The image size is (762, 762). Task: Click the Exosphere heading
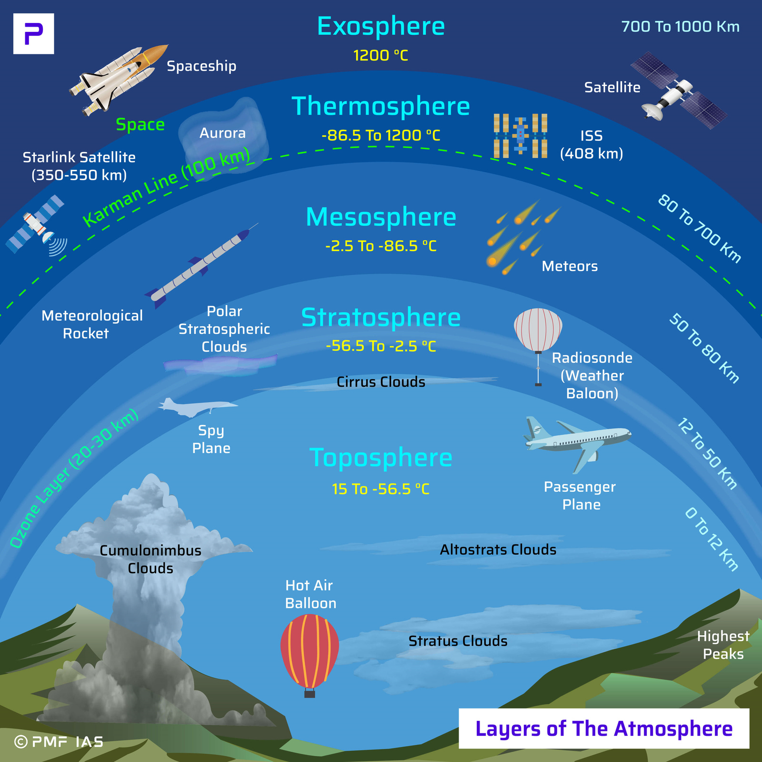click(x=381, y=27)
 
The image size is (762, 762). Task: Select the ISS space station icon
click(x=520, y=136)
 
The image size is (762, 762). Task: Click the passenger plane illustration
click(x=579, y=441)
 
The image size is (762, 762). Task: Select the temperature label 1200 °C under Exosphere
click(x=381, y=56)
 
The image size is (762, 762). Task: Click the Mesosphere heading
click(x=381, y=217)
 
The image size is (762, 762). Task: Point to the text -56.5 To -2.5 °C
click(x=381, y=346)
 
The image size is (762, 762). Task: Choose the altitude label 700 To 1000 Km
click(x=680, y=27)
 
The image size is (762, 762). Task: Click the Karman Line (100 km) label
click(x=167, y=187)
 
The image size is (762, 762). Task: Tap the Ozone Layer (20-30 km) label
click(x=74, y=478)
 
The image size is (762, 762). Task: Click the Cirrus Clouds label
click(x=381, y=382)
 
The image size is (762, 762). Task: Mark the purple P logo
click(x=33, y=33)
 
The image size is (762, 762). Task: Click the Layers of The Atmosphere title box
click(x=603, y=729)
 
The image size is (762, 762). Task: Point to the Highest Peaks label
click(x=723, y=645)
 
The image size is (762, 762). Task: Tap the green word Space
click(x=140, y=124)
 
